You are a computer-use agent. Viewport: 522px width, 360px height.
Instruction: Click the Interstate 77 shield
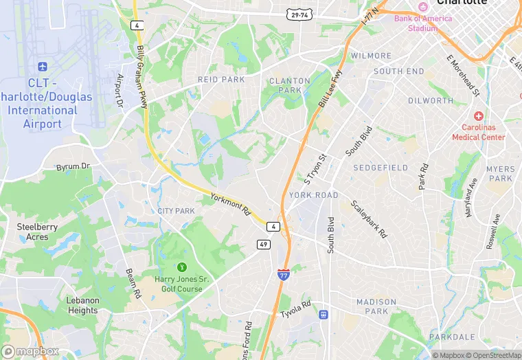point(283,275)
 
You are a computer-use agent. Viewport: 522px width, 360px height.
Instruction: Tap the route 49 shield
point(264,244)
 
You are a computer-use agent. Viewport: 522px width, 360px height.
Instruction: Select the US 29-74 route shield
point(299,14)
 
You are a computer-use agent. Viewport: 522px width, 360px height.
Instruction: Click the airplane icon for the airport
point(43,67)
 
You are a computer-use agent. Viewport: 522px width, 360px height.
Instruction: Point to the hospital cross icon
point(478,117)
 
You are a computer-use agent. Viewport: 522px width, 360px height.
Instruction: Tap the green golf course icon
point(182,267)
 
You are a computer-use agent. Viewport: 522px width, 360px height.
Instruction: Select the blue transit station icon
point(324,315)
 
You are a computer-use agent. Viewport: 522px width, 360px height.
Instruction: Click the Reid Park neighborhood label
point(221,80)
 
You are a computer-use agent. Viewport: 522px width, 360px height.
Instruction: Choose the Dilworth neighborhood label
point(431,100)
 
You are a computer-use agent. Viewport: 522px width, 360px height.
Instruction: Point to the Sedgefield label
point(381,168)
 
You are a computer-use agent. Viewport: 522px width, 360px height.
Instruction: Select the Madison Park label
point(376,306)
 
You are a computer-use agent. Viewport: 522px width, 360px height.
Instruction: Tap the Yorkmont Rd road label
point(229,204)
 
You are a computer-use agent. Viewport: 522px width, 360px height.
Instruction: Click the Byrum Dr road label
point(73,166)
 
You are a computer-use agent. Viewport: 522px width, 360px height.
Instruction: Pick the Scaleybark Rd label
point(369,219)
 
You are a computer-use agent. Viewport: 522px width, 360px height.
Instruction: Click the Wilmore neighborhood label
point(371,56)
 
